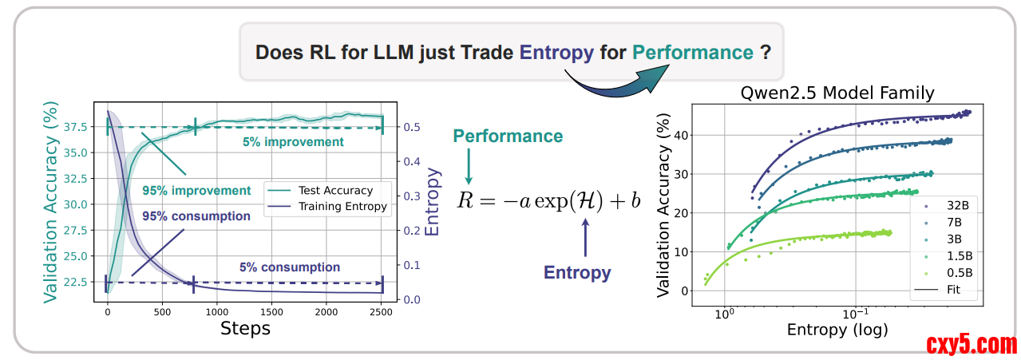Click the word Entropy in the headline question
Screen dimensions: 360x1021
(556, 53)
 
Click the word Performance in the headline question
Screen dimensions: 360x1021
(693, 53)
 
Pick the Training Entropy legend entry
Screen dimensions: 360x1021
(342, 206)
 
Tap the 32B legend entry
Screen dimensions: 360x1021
(954, 205)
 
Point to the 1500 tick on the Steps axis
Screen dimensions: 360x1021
(271, 312)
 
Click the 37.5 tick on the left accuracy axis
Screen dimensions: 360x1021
(83, 127)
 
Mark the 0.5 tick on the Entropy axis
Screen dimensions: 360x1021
(412, 127)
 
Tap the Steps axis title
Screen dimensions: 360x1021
(245, 328)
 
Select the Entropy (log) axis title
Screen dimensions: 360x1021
(837, 329)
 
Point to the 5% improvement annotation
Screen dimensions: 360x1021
(294, 142)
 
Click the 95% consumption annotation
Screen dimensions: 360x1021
(196, 216)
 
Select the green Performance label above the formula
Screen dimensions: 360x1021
(508, 136)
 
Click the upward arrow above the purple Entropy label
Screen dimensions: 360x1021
(586, 237)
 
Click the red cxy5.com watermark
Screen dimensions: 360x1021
(972, 345)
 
